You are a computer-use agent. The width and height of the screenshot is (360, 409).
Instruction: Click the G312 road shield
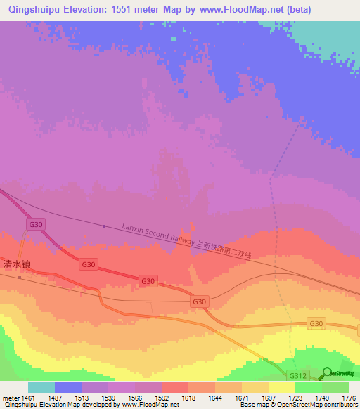coord(297,376)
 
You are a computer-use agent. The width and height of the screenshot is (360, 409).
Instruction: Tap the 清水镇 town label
coord(18,265)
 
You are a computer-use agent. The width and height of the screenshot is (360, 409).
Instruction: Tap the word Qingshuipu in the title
coord(33,10)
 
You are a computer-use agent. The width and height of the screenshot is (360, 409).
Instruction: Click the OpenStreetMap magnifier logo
coord(327,373)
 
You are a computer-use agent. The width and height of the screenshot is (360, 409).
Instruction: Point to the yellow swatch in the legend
coord(281,387)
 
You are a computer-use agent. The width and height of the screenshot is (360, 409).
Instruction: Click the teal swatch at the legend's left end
coord(41,387)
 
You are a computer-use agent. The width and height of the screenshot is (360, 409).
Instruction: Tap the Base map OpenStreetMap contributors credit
coord(298,405)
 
